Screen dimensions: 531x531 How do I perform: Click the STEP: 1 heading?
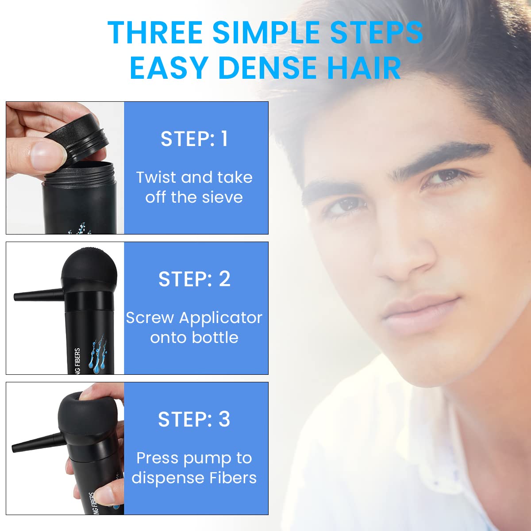[x=194, y=139]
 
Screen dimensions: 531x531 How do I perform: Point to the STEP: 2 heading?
[x=194, y=279]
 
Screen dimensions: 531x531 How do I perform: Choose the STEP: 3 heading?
[x=194, y=419]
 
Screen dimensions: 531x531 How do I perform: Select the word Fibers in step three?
[x=234, y=478]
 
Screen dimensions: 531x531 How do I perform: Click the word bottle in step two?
[x=216, y=338]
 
